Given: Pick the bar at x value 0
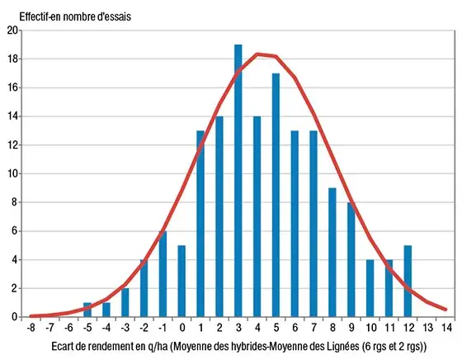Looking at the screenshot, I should [x=181, y=281].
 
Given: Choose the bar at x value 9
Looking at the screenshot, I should [x=352, y=259].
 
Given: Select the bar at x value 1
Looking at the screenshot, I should [x=200, y=224].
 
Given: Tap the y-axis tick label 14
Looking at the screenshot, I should [x=12, y=116].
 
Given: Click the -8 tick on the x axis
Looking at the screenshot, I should [x=31, y=327].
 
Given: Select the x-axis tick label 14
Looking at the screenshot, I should [x=446, y=327].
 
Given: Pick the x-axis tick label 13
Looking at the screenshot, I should [x=428, y=327].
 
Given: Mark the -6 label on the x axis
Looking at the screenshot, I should [x=68, y=327].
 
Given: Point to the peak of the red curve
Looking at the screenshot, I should [x=258, y=54].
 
